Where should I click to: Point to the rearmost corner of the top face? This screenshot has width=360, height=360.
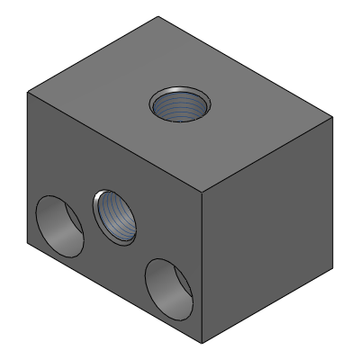pyautogui.click(x=158, y=17)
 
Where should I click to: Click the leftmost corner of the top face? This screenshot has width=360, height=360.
pyautogui.click(x=28, y=93)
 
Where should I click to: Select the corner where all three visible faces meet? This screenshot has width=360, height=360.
pyautogui.click(x=202, y=192)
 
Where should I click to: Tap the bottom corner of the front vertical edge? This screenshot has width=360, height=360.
pyautogui.click(x=202, y=343)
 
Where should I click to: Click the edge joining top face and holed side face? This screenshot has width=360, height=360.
pyautogui.click(x=114, y=142)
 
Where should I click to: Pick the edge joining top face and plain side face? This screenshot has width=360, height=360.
pyautogui.click(x=267, y=154)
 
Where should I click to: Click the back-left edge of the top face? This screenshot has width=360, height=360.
pyautogui.click(x=93, y=55)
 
